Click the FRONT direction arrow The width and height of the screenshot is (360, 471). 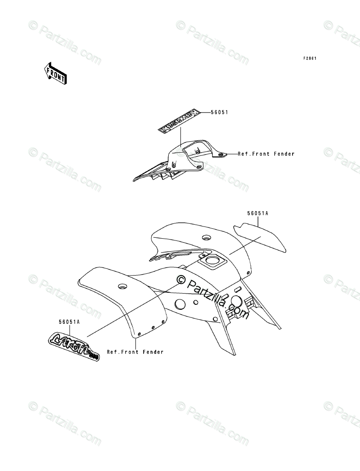point(55,73)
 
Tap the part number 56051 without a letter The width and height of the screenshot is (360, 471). point(219,113)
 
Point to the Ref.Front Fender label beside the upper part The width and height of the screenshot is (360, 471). point(266,154)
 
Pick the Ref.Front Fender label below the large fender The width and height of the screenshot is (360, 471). point(135,352)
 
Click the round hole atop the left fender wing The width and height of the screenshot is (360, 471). point(121,286)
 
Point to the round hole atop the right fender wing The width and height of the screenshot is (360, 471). point(206,237)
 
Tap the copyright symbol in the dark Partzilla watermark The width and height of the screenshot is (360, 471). point(181,280)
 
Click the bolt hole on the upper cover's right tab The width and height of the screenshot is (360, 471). point(220,154)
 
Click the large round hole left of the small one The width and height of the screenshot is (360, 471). point(179,304)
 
